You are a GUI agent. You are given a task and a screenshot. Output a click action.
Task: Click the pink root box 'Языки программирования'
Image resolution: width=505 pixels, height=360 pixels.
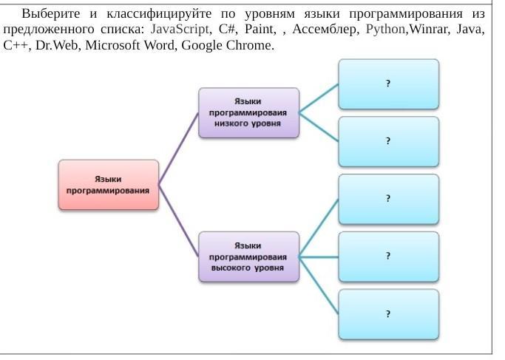pos(109,185)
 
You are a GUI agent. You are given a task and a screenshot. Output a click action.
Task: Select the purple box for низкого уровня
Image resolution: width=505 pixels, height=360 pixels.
pos(249,112)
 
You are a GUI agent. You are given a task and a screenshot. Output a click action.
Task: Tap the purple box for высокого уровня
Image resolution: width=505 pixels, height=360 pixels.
pos(249,257)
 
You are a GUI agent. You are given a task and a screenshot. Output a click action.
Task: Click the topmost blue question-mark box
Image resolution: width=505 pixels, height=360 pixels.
pos(389,84)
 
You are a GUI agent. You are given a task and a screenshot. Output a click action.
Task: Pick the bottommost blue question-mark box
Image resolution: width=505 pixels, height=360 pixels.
pos(389,314)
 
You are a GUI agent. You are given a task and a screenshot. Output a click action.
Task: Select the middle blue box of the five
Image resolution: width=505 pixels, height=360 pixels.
pos(389,199)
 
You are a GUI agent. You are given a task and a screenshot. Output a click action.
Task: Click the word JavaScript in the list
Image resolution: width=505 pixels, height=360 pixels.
pos(180,30)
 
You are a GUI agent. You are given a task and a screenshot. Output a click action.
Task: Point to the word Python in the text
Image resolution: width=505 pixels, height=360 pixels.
pos(386,30)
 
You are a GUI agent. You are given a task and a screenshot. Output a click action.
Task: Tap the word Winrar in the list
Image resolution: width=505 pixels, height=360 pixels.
pos(429,30)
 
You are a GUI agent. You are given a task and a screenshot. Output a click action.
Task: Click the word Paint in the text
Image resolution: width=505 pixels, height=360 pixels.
pos(260,29)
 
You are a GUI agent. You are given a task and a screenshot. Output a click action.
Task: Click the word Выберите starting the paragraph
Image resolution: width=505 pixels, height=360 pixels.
pos(51,14)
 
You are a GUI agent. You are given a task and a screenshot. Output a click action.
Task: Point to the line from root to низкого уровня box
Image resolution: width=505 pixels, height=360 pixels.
pos(178,149)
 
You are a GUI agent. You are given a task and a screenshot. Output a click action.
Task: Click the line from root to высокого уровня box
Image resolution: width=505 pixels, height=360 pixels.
pos(178,221)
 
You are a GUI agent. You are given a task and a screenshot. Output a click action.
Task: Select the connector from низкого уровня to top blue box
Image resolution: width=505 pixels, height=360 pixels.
pos(319,98)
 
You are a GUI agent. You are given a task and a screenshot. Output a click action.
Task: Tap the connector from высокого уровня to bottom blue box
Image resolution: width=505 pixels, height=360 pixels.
pos(319,285)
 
